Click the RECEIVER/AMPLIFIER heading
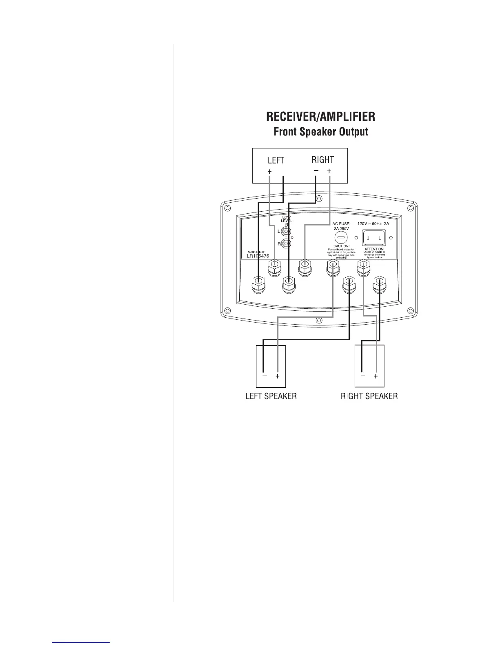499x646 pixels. pyautogui.click(x=320, y=117)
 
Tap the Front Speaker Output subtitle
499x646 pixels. pyautogui.click(x=320, y=132)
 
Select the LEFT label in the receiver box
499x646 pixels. pyautogui.click(x=276, y=160)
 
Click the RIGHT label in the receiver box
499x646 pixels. pyautogui.click(x=322, y=159)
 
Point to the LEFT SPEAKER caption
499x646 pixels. pyautogui.click(x=271, y=396)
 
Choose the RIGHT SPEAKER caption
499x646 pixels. pyautogui.click(x=369, y=396)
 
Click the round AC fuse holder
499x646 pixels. pyautogui.click(x=341, y=237)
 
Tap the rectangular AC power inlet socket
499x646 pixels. pyautogui.click(x=374, y=237)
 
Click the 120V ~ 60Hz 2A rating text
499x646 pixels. pyautogui.click(x=373, y=224)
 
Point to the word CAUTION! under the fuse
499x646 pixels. pyautogui.click(x=341, y=246)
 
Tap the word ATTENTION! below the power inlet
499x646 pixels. pyautogui.click(x=374, y=249)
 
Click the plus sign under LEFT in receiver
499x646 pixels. pyautogui.click(x=269, y=172)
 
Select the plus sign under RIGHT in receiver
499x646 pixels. pyautogui.click(x=329, y=171)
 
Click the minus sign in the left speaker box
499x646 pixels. pyautogui.click(x=265, y=376)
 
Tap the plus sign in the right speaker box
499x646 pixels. pyautogui.click(x=376, y=376)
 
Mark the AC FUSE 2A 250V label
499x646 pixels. pyautogui.click(x=341, y=226)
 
